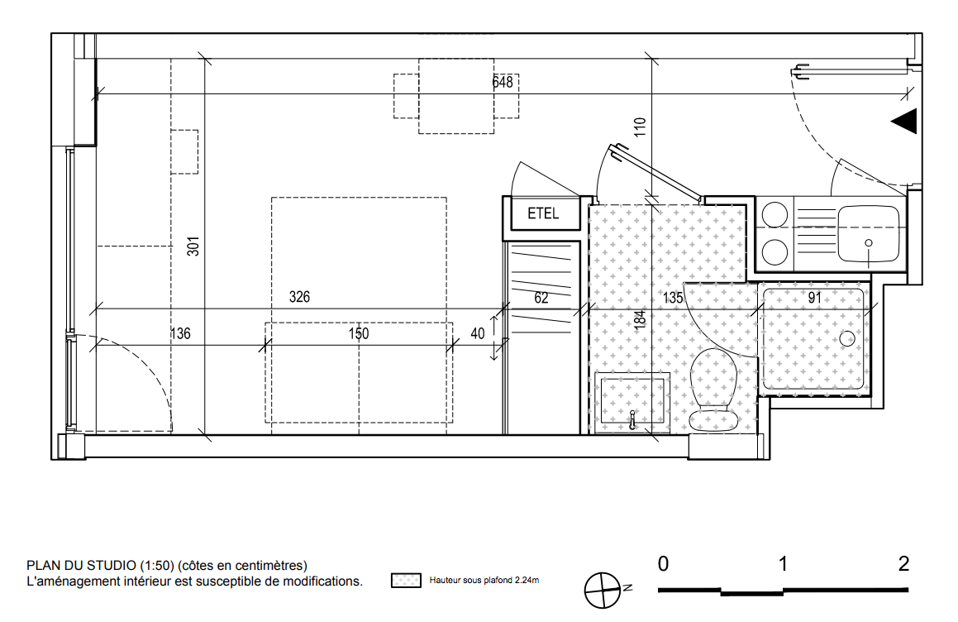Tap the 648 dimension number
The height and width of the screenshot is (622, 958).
click(x=503, y=82)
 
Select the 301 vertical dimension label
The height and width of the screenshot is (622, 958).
click(x=193, y=246)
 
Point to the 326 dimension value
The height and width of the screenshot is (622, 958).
click(x=299, y=297)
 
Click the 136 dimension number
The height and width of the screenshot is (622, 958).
click(x=180, y=334)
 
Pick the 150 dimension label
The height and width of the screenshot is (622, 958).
click(x=359, y=334)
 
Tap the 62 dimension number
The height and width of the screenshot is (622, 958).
click(x=541, y=298)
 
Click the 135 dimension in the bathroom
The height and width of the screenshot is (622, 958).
click(x=673, y=298)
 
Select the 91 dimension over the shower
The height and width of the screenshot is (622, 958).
click(x=814, y=298)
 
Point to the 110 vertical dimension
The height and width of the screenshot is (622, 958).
click(x=640, y=127)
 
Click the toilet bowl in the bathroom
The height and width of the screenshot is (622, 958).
click(x=713, y=390)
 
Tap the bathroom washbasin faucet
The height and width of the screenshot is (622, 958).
click(x=632, y=419)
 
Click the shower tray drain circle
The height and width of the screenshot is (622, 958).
click(x=847, y=338)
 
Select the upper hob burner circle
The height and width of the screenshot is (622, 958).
click(x=775, y=215)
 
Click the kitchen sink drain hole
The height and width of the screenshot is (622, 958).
click(x=869, y=243)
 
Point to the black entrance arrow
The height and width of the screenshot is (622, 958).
click(x=905, y=121)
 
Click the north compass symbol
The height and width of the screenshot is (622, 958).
click(x=603, y=591)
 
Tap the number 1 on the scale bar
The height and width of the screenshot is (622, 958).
click(x=783, y=564)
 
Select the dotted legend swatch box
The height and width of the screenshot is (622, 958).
click(x=407, y=581)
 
